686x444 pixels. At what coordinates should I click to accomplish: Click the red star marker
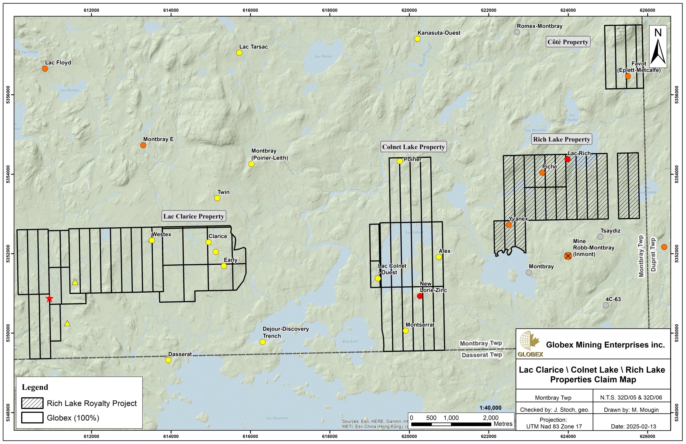pos(50,299)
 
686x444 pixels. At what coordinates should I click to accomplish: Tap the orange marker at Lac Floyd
pos(45,69)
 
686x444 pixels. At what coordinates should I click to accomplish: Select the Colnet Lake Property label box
pos(413,147)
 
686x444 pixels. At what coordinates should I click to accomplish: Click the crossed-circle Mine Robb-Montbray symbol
pos(568,256)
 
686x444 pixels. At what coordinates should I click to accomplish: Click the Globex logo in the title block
pos(530,344)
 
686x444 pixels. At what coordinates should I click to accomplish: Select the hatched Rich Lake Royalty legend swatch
pos(32,403)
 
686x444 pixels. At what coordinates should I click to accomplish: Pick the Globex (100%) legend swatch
pos(32,417)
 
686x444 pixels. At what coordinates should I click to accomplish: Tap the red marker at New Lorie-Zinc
pos(420,296)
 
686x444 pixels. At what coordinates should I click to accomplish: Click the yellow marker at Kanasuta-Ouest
pos(417,39)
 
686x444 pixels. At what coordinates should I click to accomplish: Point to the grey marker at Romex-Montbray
pos(517,32)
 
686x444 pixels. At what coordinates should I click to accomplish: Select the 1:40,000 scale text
pos(490,408)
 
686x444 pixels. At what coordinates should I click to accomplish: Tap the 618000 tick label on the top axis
pos(330,10)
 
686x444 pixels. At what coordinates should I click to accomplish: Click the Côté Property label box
pos(568,42)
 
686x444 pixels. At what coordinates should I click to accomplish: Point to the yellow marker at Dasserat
pos(168,360)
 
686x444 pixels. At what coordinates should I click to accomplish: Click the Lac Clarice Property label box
pos(194,216)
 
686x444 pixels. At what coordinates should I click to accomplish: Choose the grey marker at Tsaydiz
pos(600,237)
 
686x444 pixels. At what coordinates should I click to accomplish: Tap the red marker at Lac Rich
pos(568,159)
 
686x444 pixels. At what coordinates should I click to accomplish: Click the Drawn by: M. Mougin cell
pos(631,410)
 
